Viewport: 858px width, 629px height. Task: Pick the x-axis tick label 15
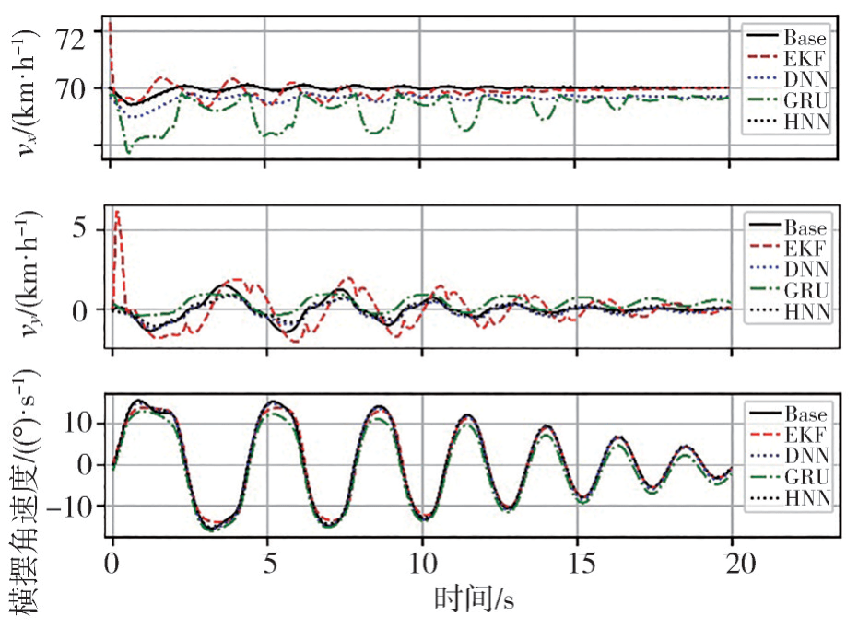579,563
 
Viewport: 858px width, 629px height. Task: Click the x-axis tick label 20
734,563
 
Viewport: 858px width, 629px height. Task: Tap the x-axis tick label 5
268,563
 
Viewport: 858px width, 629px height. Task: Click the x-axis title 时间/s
474,600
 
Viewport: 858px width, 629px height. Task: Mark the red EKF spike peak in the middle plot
117,212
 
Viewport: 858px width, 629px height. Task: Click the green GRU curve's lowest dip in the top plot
128,151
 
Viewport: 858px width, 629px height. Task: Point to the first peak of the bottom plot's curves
138,402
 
